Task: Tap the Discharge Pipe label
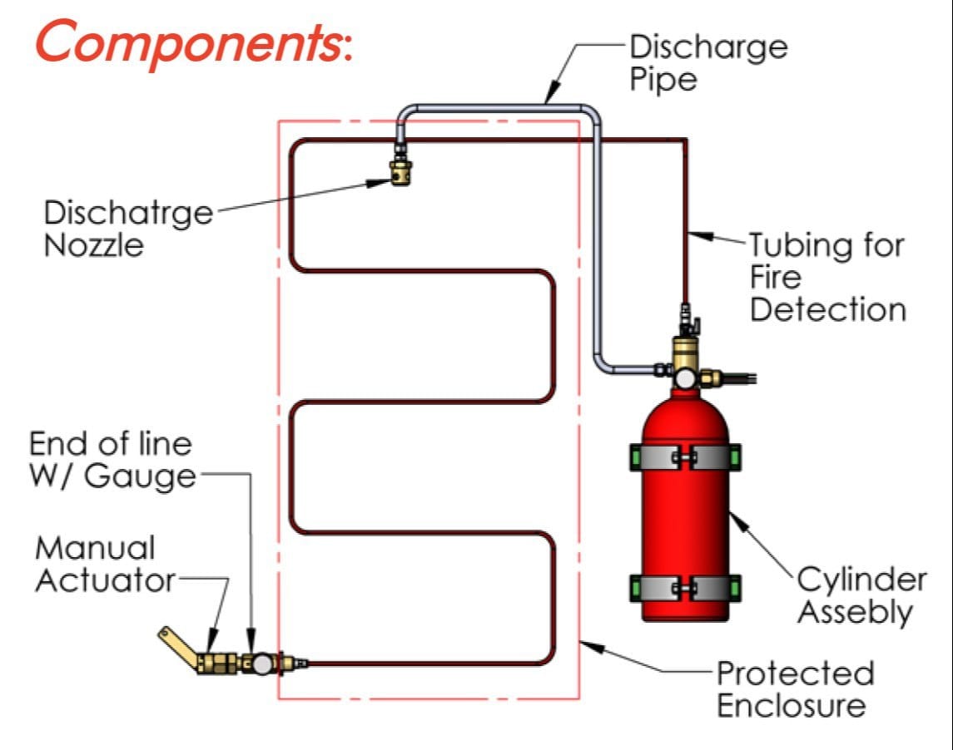point(707,62)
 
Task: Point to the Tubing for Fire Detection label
point(826,278)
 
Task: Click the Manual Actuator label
point(104,564)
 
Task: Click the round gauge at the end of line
point(264,663)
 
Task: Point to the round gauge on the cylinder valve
point(686,379)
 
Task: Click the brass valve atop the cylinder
point(686,353)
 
